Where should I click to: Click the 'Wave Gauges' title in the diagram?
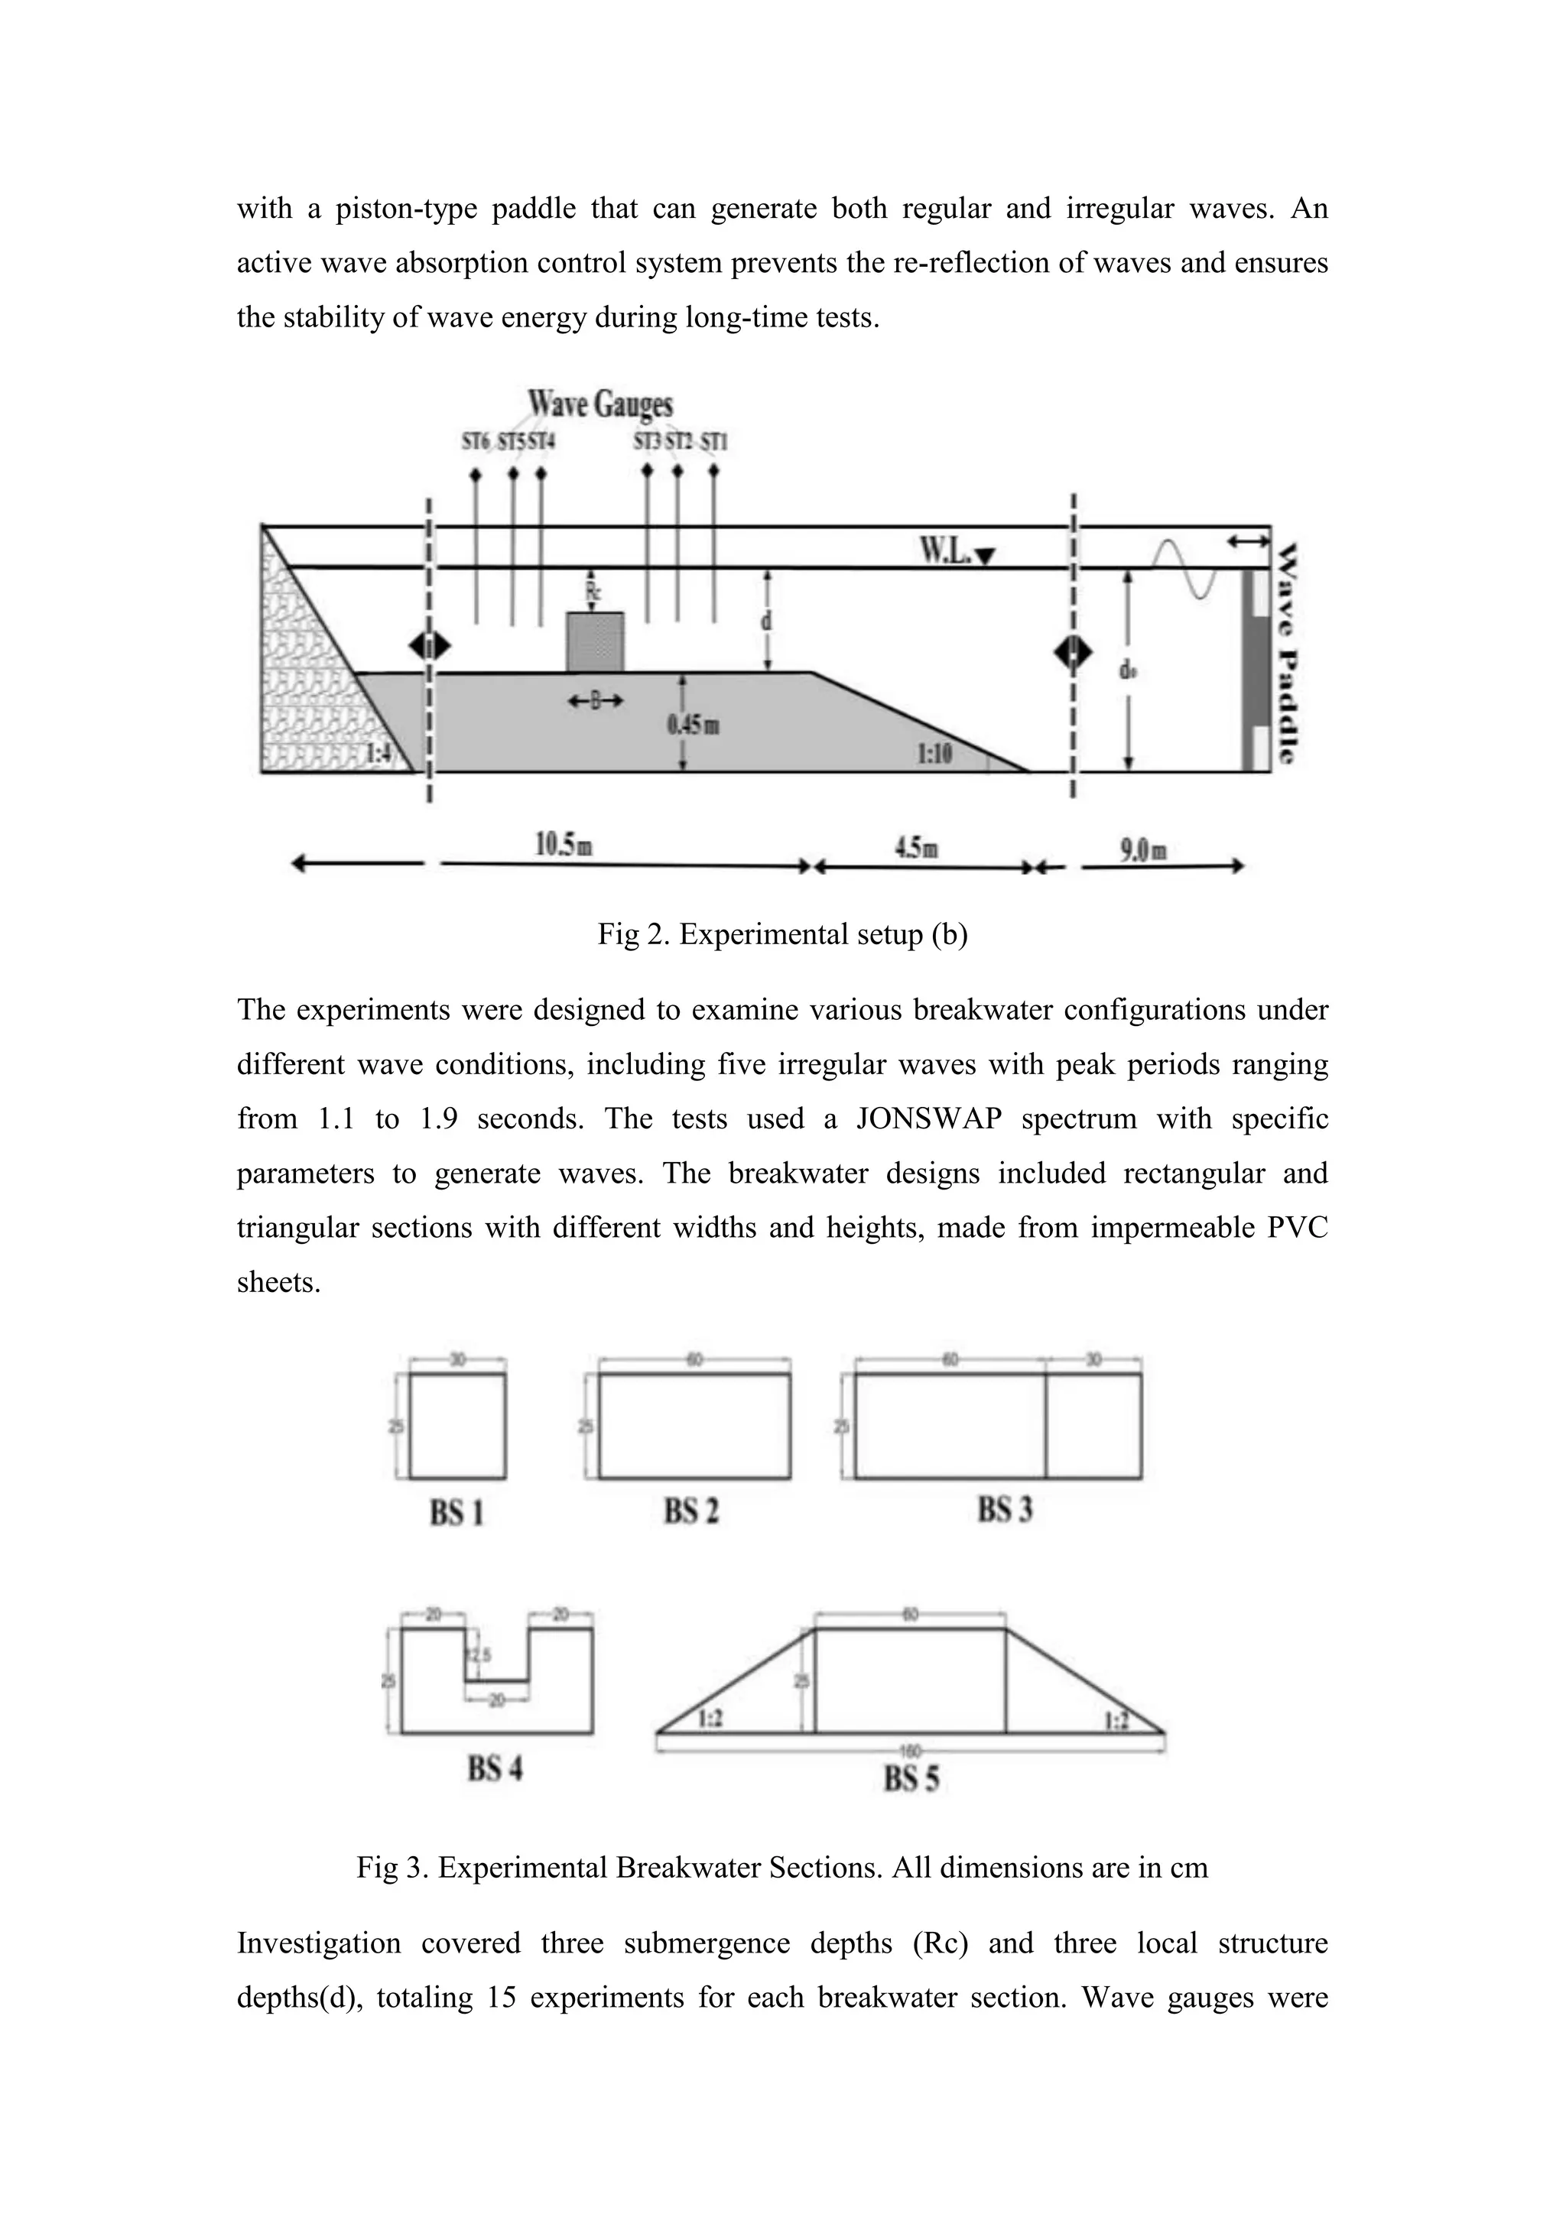click(599, 403)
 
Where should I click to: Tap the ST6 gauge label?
click(476, 443)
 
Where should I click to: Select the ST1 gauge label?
click(714, 443)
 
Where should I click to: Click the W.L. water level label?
click(946, 550)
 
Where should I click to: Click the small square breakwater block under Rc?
click(594, 642)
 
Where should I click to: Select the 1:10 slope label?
click(934, 753)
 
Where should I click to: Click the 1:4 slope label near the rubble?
click(380, 753)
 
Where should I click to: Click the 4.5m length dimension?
click(916, 848)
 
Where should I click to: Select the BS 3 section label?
click(1005, 1509)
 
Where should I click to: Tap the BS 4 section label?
click(495, 1768)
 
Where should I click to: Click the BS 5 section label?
click(911, 1778)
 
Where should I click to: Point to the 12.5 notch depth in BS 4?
click(479, 1654)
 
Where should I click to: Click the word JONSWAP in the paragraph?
click(928, 1118)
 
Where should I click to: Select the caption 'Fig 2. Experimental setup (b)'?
click(782, 934)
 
